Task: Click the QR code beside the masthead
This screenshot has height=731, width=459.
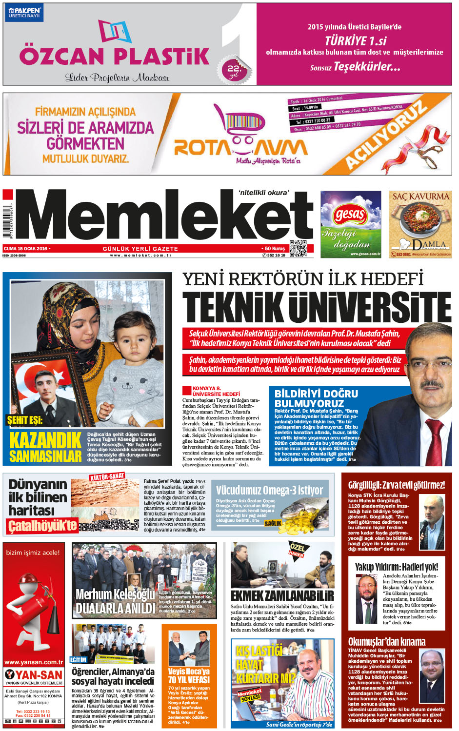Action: tap(298, 248)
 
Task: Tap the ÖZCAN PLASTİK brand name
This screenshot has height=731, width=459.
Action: tap(114, 56)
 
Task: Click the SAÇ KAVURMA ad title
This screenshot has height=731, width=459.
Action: tap(420, 197)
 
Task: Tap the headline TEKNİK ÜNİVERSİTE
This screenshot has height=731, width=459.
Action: tap(317, 307)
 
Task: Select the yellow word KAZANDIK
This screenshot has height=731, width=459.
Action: tap(45, 440)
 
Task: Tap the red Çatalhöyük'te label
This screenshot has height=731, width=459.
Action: tap(42, 526)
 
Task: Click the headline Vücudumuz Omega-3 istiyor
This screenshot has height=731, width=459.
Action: tap(269, 490)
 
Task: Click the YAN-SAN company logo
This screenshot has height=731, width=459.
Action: tap(34, 675)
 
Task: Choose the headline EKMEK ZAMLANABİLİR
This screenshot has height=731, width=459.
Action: tap(282, 595)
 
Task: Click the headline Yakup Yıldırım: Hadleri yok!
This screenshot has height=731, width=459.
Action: tap(396, 567)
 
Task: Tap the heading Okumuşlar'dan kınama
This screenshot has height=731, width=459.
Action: tap(387, 642)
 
